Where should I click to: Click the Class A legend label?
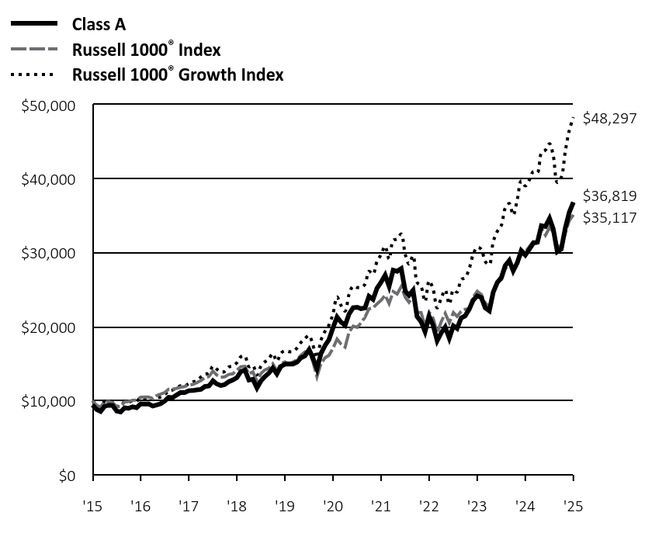click(x=99, y=24)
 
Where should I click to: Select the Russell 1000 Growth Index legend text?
click(x=178, y=75)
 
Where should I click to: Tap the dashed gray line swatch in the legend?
click(x=33, y=50)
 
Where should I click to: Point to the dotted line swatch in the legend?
click(x=33, y=75)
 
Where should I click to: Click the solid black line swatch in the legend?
click(x=33, y=24)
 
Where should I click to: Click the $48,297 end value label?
click(x=609, y=119)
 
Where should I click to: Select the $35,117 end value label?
click(x=609, y=218)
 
